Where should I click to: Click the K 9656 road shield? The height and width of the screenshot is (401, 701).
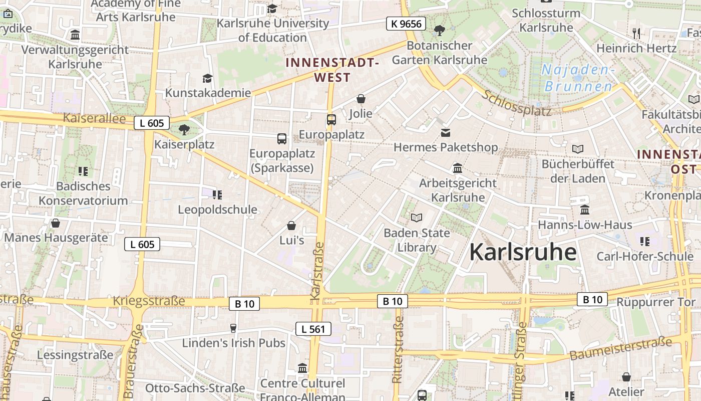click(406, 24)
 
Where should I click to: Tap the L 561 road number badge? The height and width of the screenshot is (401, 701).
click(313, 329)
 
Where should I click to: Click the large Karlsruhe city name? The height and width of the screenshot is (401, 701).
click(523, 252)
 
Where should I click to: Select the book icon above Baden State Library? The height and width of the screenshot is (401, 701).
click(417, 218)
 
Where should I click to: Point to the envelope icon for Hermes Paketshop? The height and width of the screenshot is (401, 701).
click(446, 133)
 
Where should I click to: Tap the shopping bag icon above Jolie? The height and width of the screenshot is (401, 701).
click(361, 99)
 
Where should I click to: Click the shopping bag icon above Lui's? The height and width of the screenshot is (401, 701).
click(291, 226)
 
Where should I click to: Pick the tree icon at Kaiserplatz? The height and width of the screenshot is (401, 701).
click(184, 130)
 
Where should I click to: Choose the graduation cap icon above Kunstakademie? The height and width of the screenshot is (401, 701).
click(207, 78)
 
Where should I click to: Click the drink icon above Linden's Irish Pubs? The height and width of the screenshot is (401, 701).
click(233, 328)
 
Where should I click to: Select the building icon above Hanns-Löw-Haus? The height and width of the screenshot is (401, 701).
click(585, 210)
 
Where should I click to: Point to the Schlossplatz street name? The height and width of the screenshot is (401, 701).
click(517, 103)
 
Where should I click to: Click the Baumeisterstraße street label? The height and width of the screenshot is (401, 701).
click(620, 349)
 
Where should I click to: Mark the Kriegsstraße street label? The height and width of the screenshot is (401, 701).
click(149, 301)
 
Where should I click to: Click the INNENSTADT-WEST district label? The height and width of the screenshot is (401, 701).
click(331, 70)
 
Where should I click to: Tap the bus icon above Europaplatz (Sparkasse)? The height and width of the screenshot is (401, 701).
click(282, 139)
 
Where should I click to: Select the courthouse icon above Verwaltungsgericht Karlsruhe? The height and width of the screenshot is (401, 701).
click(75, 35)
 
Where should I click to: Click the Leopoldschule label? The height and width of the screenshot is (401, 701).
click(217, 210)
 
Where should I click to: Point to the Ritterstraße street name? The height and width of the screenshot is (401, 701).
click(398, 346)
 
